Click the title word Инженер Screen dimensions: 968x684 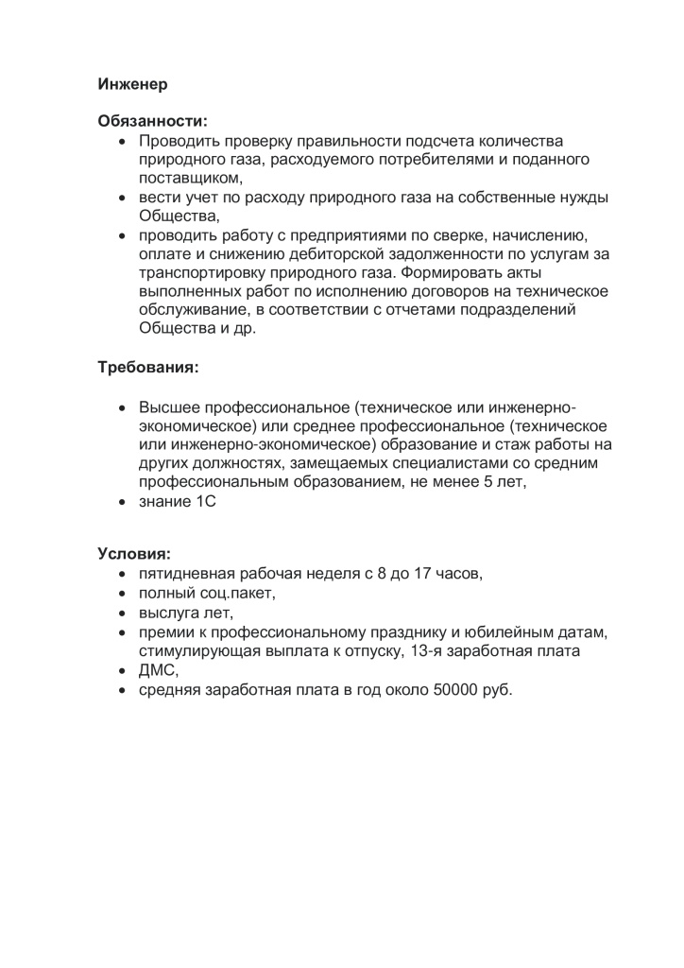[x=132, y=84]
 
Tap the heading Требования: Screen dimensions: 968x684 [x=148, y=366]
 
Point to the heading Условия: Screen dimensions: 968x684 [x=134, y=553]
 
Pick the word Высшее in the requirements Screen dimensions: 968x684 [x=167, y=407]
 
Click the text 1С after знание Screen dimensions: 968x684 [x=206, y=501]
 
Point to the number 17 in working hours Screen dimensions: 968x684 [x=422, y=574]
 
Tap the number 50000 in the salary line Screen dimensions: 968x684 [x=456, y=690]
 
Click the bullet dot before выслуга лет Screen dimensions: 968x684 [x=122, y=613]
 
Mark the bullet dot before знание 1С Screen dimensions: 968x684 [x=122, y=501]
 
